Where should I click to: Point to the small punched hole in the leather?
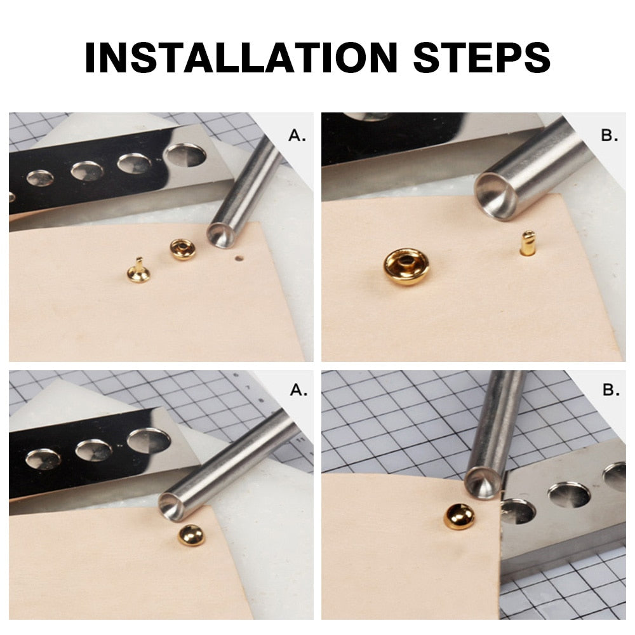(x=239, y=258)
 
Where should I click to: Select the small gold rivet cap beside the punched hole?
(x=182, y=249)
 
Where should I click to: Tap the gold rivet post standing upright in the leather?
(x=527, y=243)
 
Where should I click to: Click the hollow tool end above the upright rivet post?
(x=498, y=197)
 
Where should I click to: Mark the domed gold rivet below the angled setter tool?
(x=191, y=535)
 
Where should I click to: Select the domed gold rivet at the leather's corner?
(x=459, y=516)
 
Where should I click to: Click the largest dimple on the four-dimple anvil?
(x=185, y=155)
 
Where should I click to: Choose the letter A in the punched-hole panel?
(x=296, y=135)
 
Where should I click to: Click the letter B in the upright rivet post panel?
(x=609, y=135)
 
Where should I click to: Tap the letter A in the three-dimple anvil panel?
(x=298, y=390)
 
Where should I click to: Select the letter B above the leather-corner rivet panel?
(x=611, y=390)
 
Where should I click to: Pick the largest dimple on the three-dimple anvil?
(x=149, y=440)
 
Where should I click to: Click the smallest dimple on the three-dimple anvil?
(x=43, y=459)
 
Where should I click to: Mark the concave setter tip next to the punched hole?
(x=222, y=235)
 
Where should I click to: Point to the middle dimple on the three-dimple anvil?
(x=94, y=450)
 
